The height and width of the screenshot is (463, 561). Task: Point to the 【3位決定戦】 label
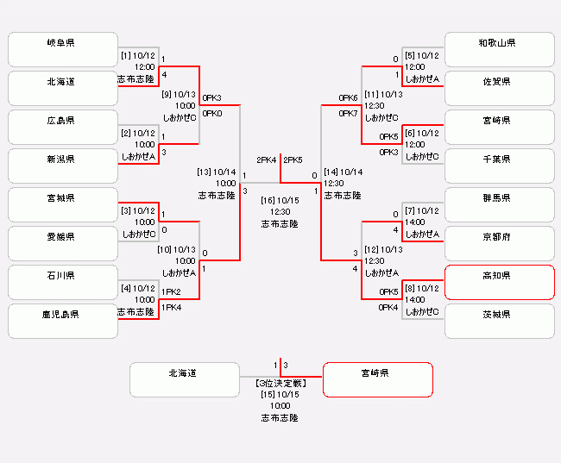280,382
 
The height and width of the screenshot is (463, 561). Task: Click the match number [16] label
268,200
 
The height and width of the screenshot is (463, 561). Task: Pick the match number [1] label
125,55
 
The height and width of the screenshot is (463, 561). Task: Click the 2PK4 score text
266,160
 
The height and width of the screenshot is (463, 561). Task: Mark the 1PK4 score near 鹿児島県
171,307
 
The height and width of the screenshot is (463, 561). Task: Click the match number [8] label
410,288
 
